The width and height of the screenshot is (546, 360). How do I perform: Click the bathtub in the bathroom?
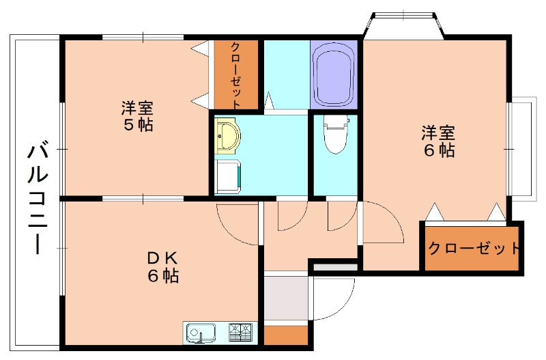tap(335, 73)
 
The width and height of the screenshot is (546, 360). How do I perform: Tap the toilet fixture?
tap(334, 135)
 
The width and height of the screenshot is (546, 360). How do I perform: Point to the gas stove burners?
tap(240, 333)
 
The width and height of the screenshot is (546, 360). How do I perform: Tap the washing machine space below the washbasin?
tap(228, 175)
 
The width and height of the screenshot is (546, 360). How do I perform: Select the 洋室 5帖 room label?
tap(136, 116)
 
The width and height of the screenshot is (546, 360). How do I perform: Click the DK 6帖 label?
tap(162, 267)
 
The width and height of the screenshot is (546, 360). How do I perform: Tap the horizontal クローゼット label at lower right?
tap(474, 248)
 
